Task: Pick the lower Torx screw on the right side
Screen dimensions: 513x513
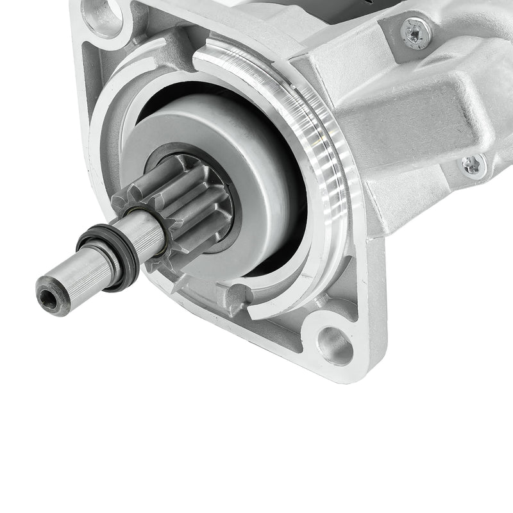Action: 473,165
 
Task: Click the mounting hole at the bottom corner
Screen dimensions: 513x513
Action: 335,346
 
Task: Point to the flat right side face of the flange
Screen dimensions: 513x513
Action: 378,289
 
